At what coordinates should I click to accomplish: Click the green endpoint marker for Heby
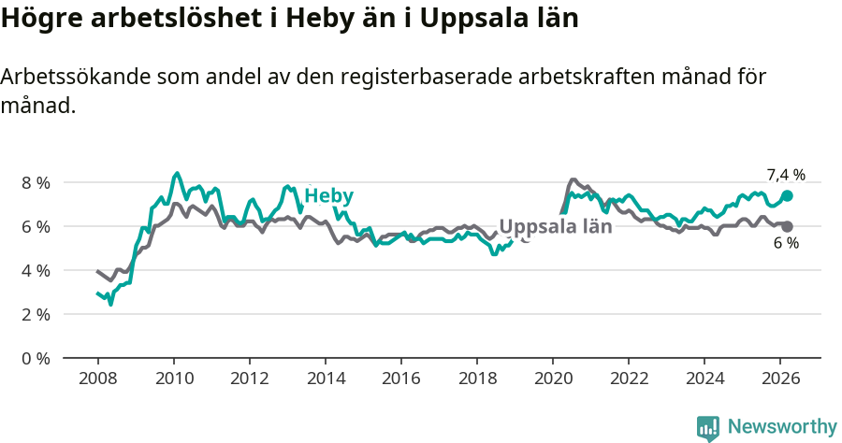click(788, 195)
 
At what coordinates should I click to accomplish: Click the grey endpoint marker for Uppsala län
click(788, 226)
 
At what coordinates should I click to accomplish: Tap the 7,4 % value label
click(786, 175)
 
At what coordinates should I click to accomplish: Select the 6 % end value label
click(786, 244)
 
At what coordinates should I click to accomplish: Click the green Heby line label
click(328, 195)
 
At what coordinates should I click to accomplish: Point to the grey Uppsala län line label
click(556, 226)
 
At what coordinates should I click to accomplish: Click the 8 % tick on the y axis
click(36, 182)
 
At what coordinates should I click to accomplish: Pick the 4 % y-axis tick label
click(36, 270)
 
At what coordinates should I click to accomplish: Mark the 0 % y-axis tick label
click(36, 358)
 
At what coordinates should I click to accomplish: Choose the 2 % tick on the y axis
click(36, 314)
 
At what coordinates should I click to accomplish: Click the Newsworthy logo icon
click(708, 428)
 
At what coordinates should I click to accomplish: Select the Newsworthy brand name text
click(782, 427)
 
